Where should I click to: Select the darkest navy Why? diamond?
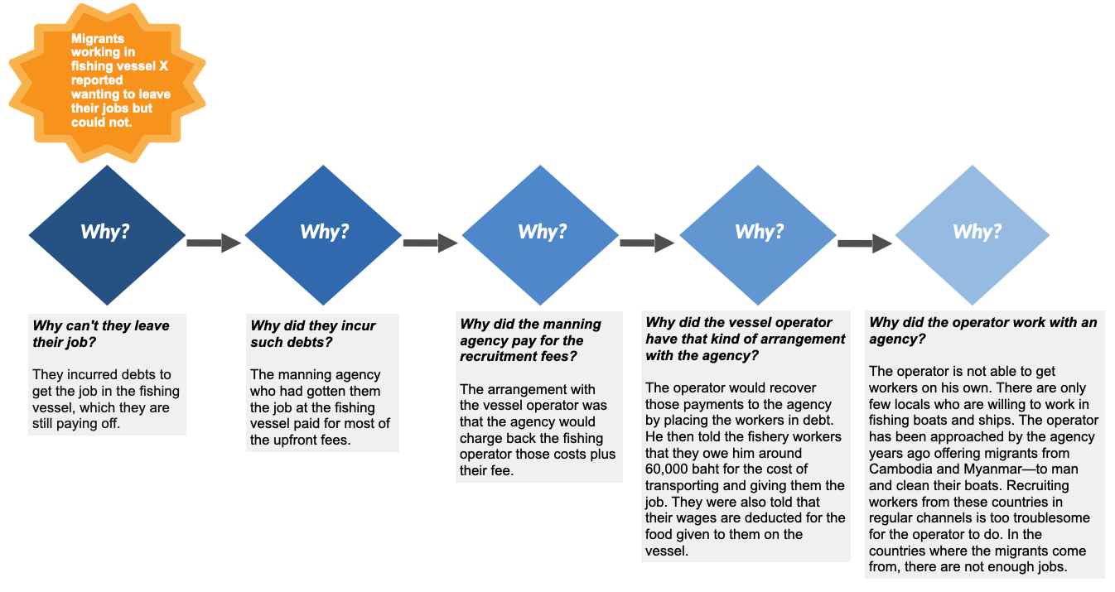click(x=107, y=234)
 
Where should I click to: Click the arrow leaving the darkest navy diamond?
click(x=213, y=243)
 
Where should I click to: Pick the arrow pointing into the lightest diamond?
click(x=864, y=243)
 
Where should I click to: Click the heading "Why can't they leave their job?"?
click(x=100, y=334)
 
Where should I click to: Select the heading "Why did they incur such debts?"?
click(x=312, y=334)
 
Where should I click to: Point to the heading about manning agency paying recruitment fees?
click(x=530, y=340)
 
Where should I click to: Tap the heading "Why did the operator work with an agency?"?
click(x=982, y=330)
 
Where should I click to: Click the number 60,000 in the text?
click(x=673, y=469)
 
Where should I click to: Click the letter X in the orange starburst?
click(x=163, y=66)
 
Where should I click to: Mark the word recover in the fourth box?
click(x=792, y=387)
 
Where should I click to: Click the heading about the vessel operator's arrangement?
click(x=745, y=339)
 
